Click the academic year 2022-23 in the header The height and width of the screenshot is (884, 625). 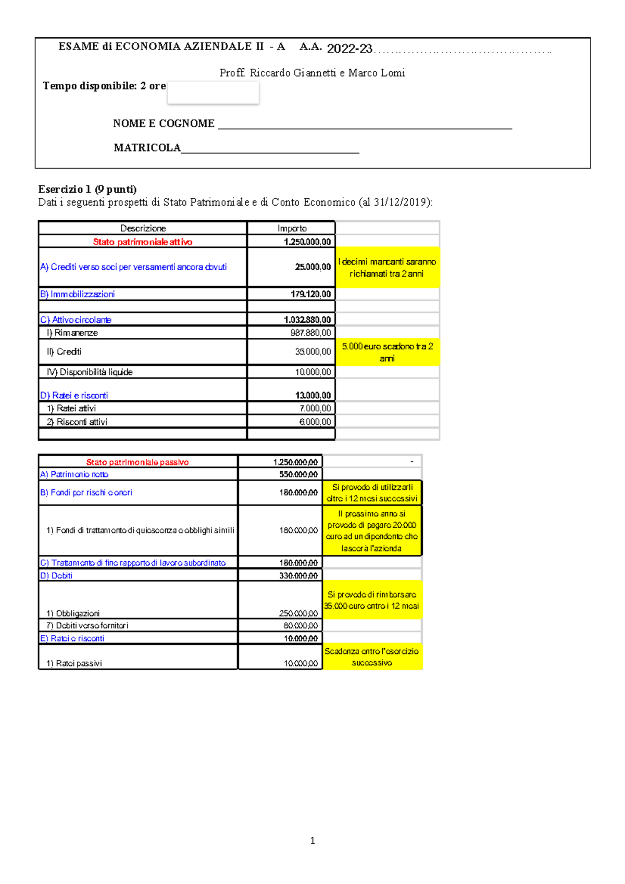pyautogui.click(x=349, y=49)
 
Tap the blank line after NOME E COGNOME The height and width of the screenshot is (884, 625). pyautogui.click(x=365, y=125)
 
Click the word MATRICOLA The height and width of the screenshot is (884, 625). pyautogui.click(x=147, y=148)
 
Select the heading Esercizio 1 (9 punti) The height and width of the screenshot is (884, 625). pyautogui.click(x=87, y=189)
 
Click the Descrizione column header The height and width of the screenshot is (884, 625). pyautogui.click(x=143, y=228)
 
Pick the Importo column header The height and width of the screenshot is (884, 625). pyautogui.click(x=292, y=228)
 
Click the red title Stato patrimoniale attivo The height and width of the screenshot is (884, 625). pyautogui.click(x=142, y=242)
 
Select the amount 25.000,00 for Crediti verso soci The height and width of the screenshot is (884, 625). pyautogui.click(x=312, y=267)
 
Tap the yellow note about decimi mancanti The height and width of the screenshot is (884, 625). pyautogui.click(x=387, y=268)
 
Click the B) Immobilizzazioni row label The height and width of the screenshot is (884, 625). pyautogui.click(x=77, y=294)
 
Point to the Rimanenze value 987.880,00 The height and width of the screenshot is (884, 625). pyautogui.click(x=310, y=333)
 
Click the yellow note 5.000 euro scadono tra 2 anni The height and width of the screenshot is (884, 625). pyautogui.click(x=387, y=352)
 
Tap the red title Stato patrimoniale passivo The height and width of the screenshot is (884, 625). pyautogui.click(x=137, y=462)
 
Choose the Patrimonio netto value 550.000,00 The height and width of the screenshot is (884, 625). pyautogui.click(x=298, y=474)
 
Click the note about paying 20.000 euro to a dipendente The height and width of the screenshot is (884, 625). pyautogui.click(x=372, y=531)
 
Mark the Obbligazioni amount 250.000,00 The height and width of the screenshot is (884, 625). pyautogui.click(x=298, y=613)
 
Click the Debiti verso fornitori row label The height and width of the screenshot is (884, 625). pyautogui.click(x=87, y=625)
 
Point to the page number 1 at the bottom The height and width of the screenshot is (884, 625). pyautogui.click(x=312, y=840)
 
